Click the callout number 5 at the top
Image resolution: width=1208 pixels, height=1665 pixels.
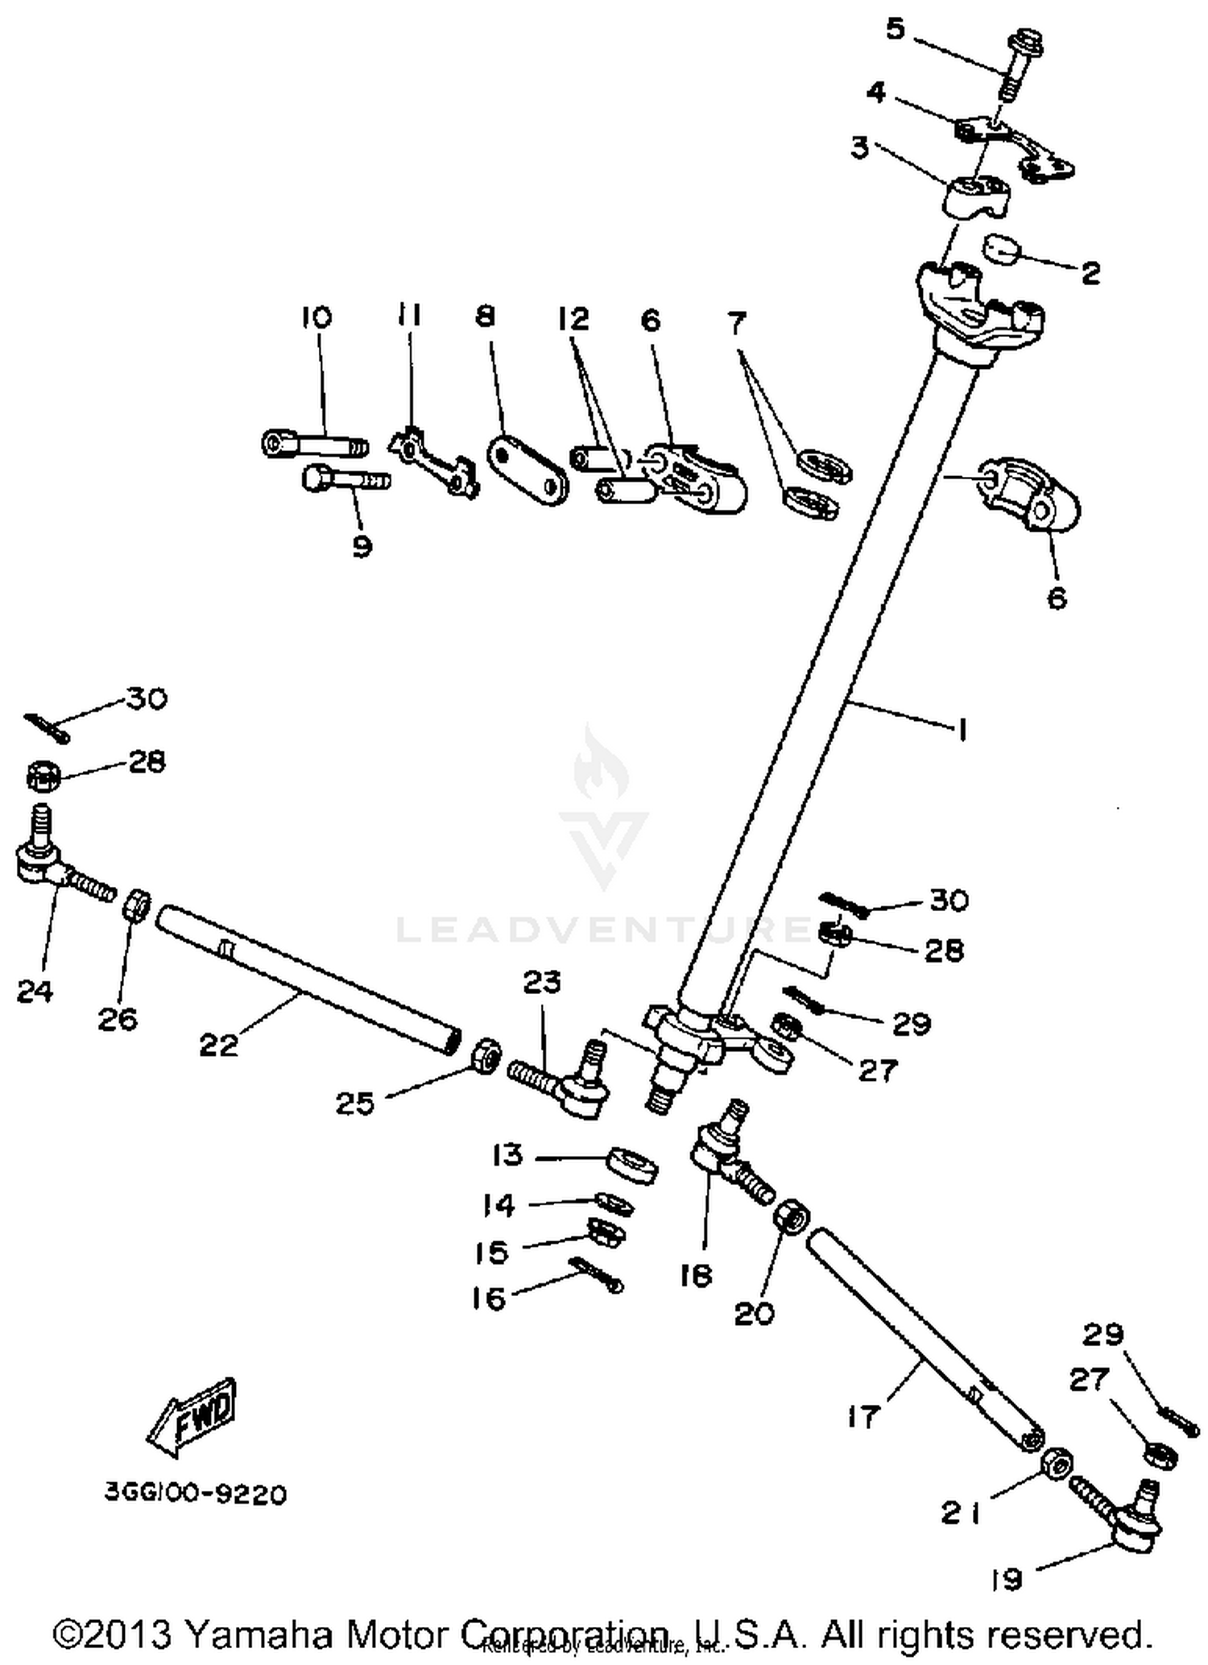tap(895, 31)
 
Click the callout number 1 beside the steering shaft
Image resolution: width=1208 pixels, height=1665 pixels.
tap(961, 730)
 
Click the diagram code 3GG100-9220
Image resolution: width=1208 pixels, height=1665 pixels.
tap(196, 1494)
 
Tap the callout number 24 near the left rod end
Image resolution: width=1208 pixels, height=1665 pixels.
tap(35, 992)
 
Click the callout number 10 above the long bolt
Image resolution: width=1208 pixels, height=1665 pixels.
tap(316, 317)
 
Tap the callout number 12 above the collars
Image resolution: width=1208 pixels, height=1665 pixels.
tap(573, 320)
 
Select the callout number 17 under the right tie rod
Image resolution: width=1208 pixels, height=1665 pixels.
tap(862, 1416)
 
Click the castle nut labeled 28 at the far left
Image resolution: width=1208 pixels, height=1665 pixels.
tap(43, 776)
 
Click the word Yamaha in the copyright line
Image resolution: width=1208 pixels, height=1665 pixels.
tap(257, 1635)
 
